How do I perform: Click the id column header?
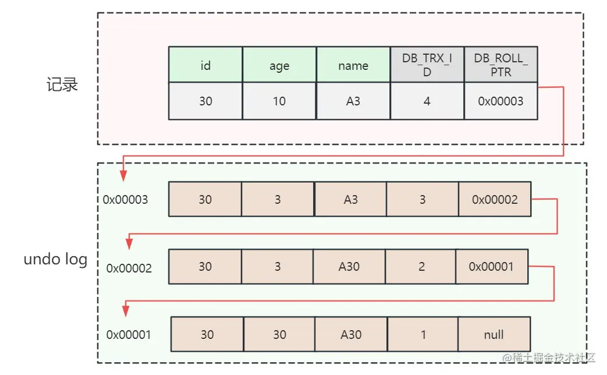pos(205,65)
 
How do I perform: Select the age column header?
pos(279,65)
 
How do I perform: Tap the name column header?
pos(353,65)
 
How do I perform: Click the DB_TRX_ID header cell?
pos(427,65)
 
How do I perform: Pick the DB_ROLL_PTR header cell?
pos(501,65)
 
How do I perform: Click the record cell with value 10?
pos(279,101)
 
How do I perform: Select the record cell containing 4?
pos(427,101)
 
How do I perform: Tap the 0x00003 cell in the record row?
pos(501,101)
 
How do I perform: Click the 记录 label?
pos(62,85)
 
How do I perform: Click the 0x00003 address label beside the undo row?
pos(126,200)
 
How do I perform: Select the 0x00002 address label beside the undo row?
pos(129,268)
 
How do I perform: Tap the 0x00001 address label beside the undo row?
pos(129,335)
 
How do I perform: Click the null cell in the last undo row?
pos(494,334)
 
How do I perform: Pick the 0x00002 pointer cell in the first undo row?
pos(495,199)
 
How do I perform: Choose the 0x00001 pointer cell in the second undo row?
pos(492,267)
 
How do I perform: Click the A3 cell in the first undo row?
pos(350,199)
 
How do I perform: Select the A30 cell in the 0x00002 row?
pos(349,267)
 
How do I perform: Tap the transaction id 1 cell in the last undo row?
pos(423,334)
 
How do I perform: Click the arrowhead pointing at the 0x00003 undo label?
pos(123,176)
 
